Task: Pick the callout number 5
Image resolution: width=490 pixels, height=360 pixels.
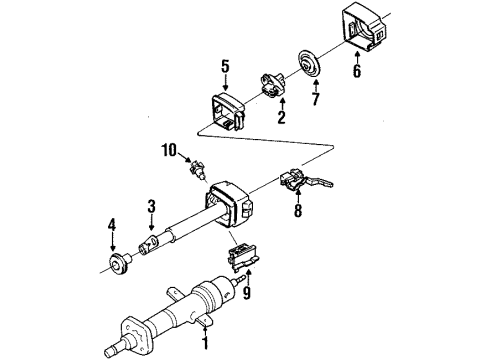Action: [225, 67]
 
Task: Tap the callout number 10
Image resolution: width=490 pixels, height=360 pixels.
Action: [171, 151]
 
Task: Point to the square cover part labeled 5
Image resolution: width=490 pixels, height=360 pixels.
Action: [230, 108]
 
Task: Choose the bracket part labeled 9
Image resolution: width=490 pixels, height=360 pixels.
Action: [243, 259]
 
